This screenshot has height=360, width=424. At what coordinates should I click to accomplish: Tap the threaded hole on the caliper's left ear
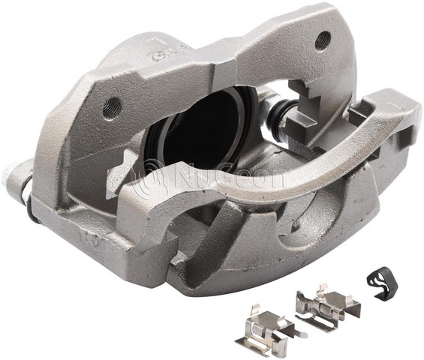pos(114,104)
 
